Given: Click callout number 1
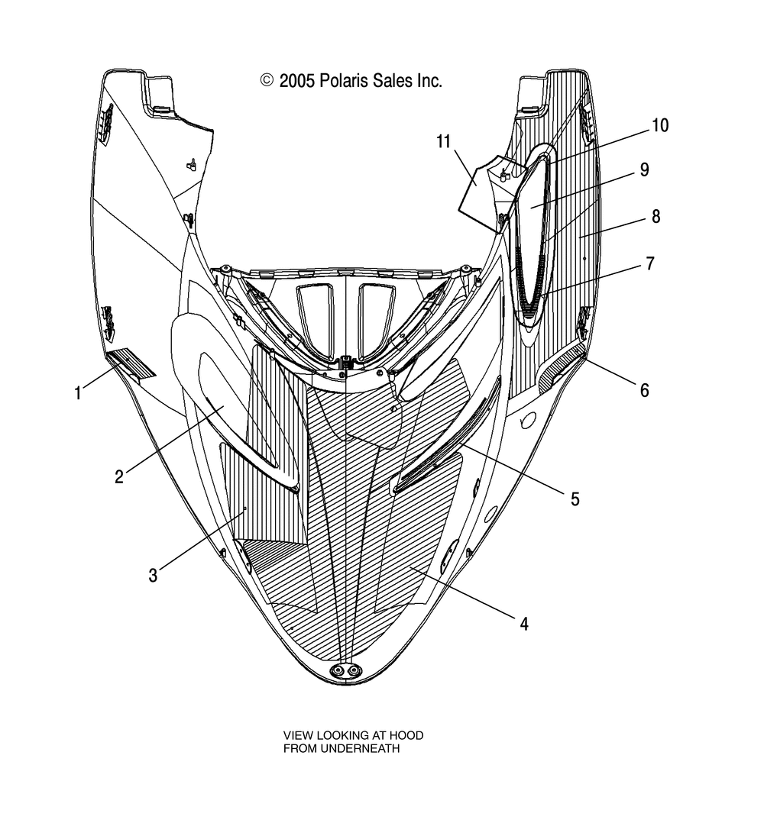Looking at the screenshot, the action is (x=77, y=393).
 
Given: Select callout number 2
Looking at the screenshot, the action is (x=119, y=476).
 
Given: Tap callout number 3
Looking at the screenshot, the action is (x=153, y=575).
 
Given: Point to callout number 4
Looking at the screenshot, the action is (x=523, y=624).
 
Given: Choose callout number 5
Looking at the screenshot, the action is (x=575, y=499).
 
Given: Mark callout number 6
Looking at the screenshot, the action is (x=644, y=390).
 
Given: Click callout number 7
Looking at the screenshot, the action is (x=649, y=263).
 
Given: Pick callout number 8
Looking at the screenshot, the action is (x=656, y=216).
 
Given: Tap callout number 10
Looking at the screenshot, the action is (x=659, y=125).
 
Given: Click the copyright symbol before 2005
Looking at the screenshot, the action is (x=267, y=80).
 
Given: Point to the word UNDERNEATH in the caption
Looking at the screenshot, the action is (x=342, y=749).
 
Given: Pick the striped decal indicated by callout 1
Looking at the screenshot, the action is (x=131, y=363).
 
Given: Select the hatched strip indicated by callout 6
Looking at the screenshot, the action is (x=562, y=369).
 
